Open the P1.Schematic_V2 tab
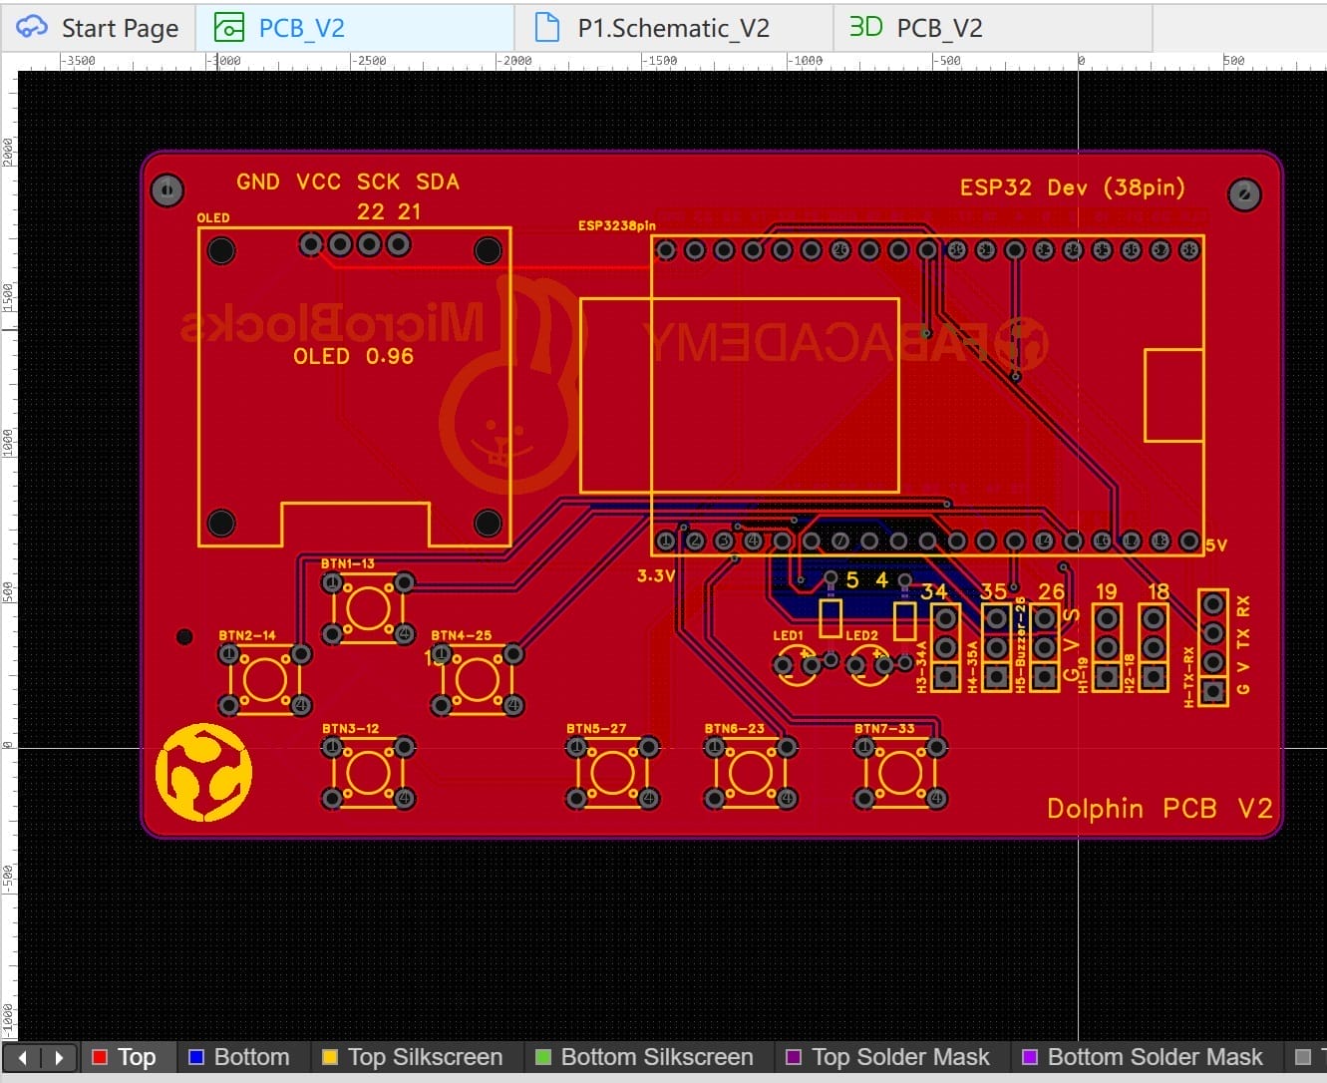coord(673,28)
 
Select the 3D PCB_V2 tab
coord(916,28)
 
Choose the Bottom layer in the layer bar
coord(239,1057)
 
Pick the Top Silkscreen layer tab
coord(413,1057)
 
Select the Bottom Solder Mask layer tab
coord(1143,1057)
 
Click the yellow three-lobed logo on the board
coord(204,773)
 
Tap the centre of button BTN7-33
coord(900,773)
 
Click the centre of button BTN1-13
coord(368,607)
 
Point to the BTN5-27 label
coord(596,729)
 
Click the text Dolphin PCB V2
coord(1160,808)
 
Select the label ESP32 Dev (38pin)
coord(1072,187)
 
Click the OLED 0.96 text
coord(353,356)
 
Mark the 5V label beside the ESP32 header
coord(1216,545)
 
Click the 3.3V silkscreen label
coord(656,575)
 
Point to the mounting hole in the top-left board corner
coord(166,189)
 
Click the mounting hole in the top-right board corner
coord(1243,194)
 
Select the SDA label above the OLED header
coord(438,181)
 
